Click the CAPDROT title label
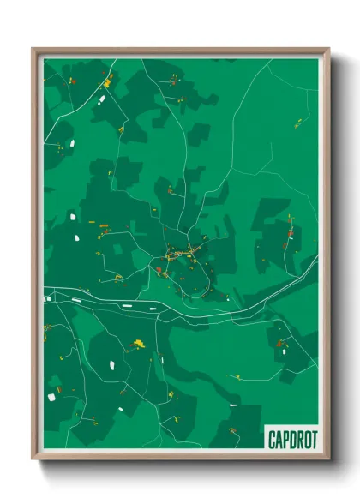click(291, 439)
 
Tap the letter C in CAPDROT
click(270, 439)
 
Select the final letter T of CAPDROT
click(313, 439)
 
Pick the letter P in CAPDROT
click(284, 439)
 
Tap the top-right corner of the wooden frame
click(327, 50)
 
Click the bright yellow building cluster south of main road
click(137, 345)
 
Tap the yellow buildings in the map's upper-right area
click(297, 125)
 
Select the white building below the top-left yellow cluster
click(100, 100)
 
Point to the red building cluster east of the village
click(289, 231)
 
